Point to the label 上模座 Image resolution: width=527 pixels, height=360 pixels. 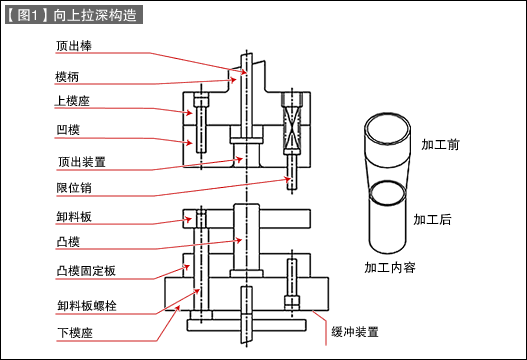[73, 102]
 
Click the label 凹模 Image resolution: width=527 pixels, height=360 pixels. [68, 130]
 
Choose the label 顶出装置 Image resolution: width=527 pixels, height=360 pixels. [81, 159]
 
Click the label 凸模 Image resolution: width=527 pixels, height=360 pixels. [68, 242]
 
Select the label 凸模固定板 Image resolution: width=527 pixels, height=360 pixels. [86, 271]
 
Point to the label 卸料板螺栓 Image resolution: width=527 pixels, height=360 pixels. [87, 303]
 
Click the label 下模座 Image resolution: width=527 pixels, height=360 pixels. [74, 330]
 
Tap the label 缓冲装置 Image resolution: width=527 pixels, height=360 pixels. [354, 330]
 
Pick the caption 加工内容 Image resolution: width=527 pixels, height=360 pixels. [390, 267]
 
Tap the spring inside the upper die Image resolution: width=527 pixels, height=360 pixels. [291, 131]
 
